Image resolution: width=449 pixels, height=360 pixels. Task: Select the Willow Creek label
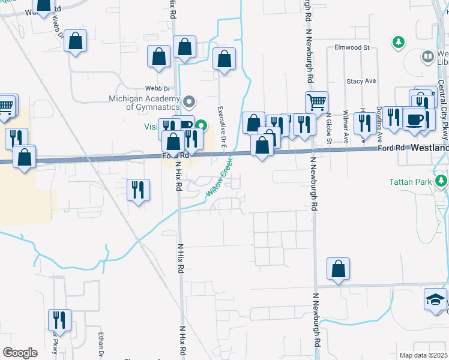(x=219, y=178)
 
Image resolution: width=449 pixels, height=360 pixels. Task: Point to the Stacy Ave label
(x=361, y=80)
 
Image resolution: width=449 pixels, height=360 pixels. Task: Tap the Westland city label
(x=430, y=147)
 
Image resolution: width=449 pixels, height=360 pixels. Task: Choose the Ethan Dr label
(x=101, y=344)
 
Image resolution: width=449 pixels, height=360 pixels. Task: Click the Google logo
(x=20, y=353)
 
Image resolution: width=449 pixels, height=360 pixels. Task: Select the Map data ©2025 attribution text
(x=423, y=355)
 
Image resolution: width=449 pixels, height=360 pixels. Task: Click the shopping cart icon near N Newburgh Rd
(x=316, y=101)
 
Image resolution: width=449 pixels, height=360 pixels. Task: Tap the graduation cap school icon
(x=436, y=298)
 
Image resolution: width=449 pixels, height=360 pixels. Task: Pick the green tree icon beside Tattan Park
(x=442, y=180)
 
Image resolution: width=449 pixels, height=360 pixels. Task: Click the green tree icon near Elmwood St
(x=397, y=42)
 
